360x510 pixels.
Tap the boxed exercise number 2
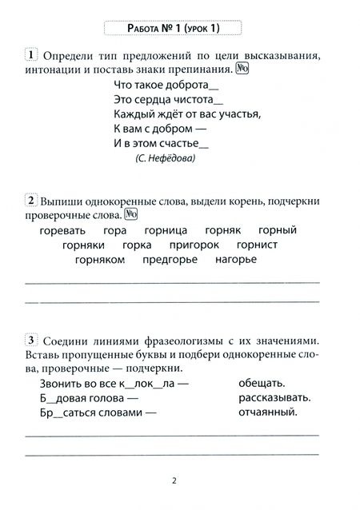(30, 199)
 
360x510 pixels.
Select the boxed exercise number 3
(30, 338)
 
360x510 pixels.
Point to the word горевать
(63, 230)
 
